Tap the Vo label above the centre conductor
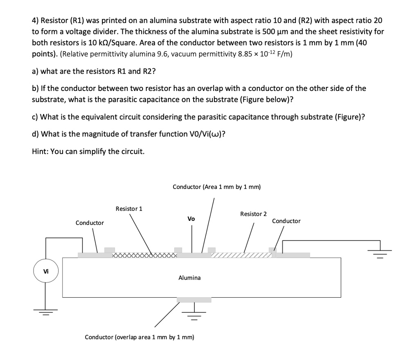point(191,219)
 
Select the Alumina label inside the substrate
point(189,278)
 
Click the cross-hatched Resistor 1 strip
point(145,256)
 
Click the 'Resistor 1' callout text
point(129,208)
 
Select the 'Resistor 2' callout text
point(253,214)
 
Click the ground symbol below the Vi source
point(45,312)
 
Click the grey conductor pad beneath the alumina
point(194,300)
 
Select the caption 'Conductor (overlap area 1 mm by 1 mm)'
point(140,337)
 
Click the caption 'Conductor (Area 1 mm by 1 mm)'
point(216,187)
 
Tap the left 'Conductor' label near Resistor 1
point(90,223)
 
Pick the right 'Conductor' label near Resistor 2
point(286,221)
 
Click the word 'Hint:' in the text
point(40,152)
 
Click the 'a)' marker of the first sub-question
point(36,71)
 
